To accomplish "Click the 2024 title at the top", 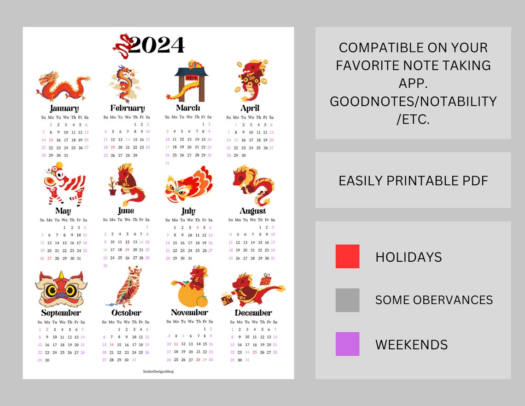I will click(x=156, y=45).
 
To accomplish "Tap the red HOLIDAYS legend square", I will click(x=347, y=257).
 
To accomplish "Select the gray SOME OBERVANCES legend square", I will click(x=347, y=300).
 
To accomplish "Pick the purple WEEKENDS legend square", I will click(x=347, y=344).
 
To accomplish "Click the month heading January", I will click(x=64, y=109).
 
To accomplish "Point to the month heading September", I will click(x=61, y=313).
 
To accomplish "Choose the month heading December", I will click(x=253, y=313).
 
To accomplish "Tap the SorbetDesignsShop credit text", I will click(x=158, y=371).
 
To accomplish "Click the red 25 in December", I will click(x=255, y=352).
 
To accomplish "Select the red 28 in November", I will click(x=198, y=360).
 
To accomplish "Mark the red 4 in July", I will click(x=198, y=227).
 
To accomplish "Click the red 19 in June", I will click(x=127, y=250).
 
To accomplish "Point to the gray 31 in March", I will click(x=167, y=163).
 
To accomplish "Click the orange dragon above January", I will click(x=64, y=87).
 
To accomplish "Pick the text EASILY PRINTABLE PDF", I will click(x=413, y=181).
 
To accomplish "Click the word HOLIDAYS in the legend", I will click(x=408, y=257).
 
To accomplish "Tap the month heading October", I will click(x=126, y=313).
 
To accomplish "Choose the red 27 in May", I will click(x=49, y=259).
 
